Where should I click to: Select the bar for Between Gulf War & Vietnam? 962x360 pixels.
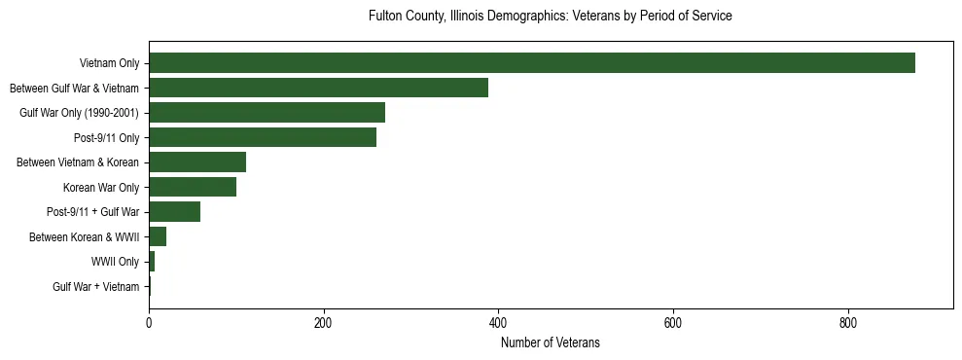pos(318,88)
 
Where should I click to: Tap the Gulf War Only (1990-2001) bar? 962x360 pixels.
pos(267,113)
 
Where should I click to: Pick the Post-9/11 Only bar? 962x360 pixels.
pos(263,137)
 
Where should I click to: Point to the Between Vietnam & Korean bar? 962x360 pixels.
pos(197,162)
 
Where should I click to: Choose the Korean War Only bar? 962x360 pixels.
pos(193,187)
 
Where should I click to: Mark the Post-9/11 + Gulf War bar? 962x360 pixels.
pos(175,212)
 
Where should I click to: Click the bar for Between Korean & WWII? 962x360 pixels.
pos(158,236)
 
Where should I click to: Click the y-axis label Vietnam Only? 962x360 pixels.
pos(109,64)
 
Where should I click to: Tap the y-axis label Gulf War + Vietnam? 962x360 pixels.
pos(96,287)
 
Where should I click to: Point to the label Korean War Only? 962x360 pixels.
pos(101,188)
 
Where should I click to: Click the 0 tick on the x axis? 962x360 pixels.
pos(149,321)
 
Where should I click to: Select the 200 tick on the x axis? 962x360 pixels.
pos(324,321)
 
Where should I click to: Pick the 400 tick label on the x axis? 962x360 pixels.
pos(498,321)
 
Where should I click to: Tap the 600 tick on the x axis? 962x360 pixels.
pos(673,321)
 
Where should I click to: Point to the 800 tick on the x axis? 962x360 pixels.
pos(847,321)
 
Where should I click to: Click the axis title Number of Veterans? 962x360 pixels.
pos(550,342)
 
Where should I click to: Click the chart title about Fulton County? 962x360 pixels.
pos(550,17)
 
